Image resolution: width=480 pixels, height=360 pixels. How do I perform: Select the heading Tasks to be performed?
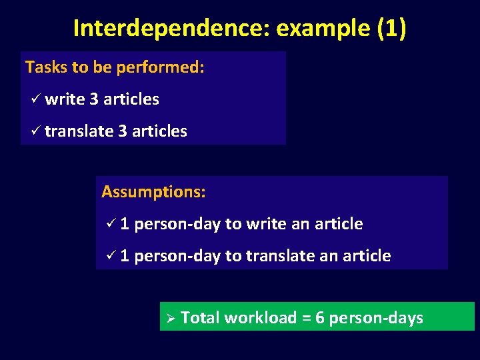[x=115, y=67]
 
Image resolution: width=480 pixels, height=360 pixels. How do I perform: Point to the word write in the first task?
[x=65, y=99]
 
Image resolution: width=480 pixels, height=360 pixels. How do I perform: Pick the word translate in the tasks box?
[x=79, y=131]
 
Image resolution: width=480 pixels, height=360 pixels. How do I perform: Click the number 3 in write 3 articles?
[x=94, y=99]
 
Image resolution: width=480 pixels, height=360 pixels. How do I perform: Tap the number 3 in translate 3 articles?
[x=123, y=131]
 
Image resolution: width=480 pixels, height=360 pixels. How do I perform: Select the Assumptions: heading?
[x=153, y=193]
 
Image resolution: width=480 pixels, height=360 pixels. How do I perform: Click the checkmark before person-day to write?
[x=111, y=224]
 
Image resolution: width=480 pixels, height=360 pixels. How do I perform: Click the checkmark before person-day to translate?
[x=111, y=256]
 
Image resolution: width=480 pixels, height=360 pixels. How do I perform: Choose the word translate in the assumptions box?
[x=280, y=256]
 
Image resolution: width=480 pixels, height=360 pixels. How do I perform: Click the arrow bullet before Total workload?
[x=169, y=318]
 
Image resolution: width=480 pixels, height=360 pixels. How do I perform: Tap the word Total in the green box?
[x=201, y=318]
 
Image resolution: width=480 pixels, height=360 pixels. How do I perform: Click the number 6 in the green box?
[x=320, y=318]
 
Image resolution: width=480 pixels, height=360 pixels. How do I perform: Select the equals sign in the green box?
[x=307, y=318]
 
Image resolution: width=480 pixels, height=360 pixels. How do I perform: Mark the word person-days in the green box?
[x=376, y=318]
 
